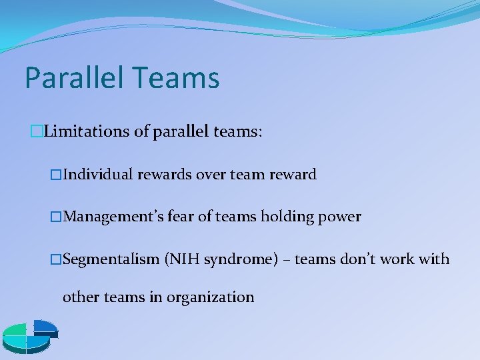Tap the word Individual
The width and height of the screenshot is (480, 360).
[99, 175]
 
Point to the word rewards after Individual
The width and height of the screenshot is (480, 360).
[165, 175]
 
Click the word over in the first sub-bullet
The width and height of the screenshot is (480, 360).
[211, 175]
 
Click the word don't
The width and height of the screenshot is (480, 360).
[351, 259]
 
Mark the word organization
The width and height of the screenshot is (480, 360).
[210, 297]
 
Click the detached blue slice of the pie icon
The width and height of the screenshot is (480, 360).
[45, 326]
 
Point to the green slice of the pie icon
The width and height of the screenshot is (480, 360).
[15, 331]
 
